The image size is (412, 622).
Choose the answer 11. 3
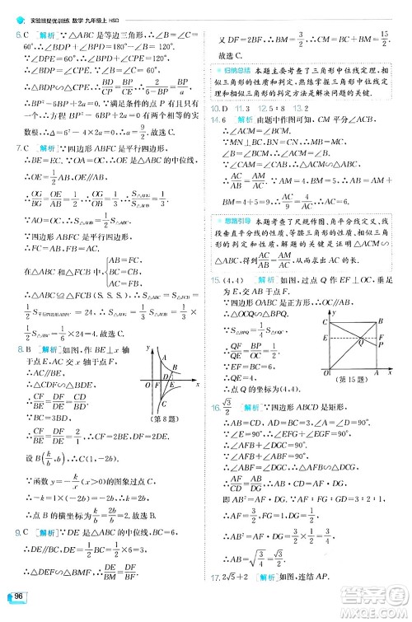coord(241,109)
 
